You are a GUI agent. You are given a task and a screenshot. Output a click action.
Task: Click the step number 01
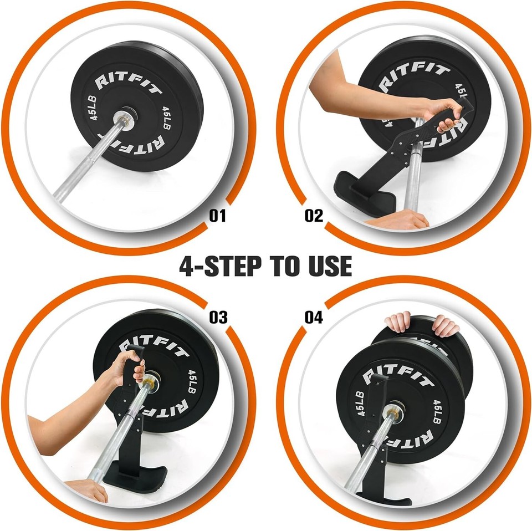point(218,215)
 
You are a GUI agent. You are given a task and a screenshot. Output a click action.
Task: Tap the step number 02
point(314,215)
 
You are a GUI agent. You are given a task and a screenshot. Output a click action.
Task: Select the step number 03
point(218,317)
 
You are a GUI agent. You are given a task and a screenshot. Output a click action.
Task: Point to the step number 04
point(314,317)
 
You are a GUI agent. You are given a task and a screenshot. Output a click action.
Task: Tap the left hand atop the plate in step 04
point(399,321)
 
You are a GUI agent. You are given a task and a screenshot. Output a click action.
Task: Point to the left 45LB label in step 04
point(360,405)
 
